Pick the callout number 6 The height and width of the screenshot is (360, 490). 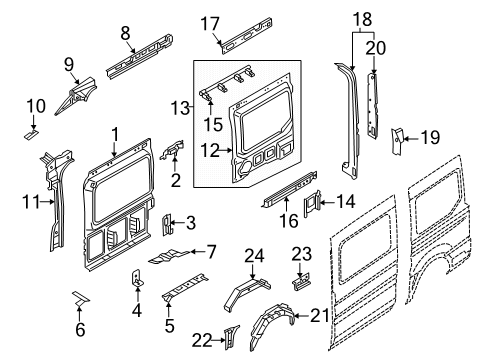click(x=81, y=329)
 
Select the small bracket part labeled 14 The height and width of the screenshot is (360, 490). click(x=313, y=201)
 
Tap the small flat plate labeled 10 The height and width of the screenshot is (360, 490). click(x=33, y=129)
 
